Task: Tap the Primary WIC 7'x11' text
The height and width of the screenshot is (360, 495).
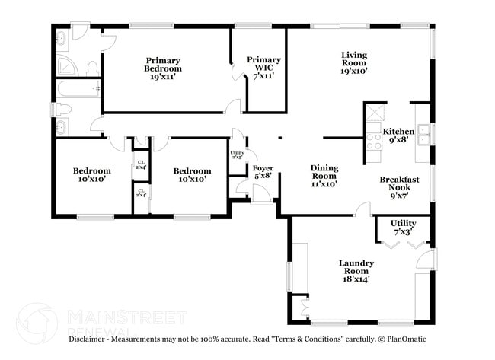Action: coord(263,68)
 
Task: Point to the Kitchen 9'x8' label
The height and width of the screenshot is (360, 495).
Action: coord(401,135)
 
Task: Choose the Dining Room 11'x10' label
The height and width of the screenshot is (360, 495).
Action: coord(324,175)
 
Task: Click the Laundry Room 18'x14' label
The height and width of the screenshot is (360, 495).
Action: coord(356,271)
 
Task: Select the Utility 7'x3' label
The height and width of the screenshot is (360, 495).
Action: coord(404,227)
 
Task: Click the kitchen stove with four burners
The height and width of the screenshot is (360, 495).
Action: coord(374,141)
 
